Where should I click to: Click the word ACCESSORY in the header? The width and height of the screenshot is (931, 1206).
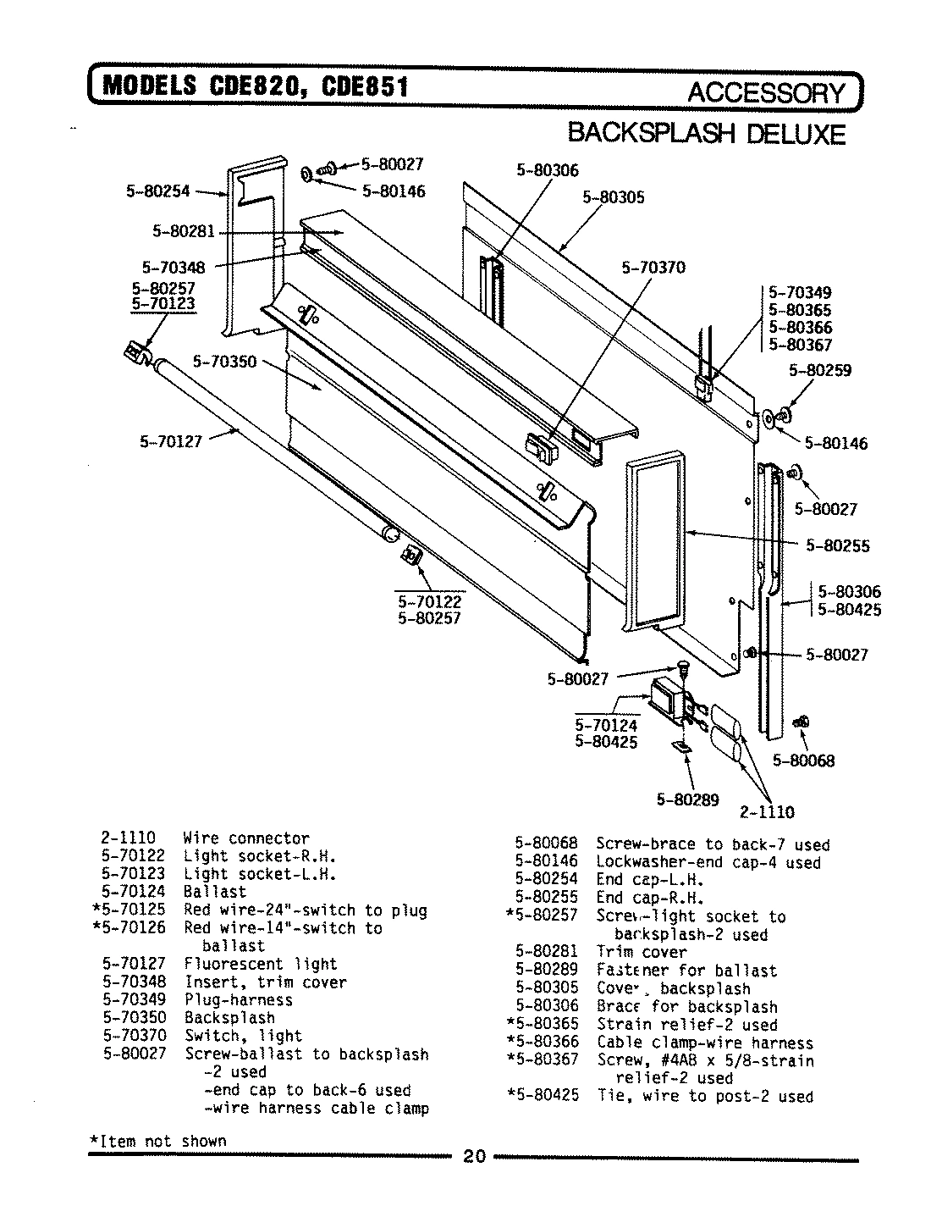click(x=765, y=93)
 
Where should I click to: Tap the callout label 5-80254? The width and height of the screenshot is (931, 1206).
click(x=158, y=191)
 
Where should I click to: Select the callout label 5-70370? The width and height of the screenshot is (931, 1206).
click(x=653, y=268)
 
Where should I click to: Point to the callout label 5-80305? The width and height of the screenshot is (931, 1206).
click(x=613, y=197)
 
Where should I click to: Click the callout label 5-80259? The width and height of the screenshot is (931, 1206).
click(x=819, y=370)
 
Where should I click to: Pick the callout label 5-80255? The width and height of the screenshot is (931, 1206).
click(x=837, y=546)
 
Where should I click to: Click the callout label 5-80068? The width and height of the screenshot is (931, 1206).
click(x=803, y=761)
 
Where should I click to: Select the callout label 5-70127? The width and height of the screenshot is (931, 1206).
click(x=170, y=440)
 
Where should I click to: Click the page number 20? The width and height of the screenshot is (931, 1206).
click(x=475, y=1157)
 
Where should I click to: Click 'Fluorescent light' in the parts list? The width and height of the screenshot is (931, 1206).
click(x=261, y=964)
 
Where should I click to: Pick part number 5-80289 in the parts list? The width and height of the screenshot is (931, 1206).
click(x=546, y=970)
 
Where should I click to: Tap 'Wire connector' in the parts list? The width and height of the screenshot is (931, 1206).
click(x=246, y=838)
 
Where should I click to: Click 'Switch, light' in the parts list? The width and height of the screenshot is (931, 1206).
click(x=243, y=1035)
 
